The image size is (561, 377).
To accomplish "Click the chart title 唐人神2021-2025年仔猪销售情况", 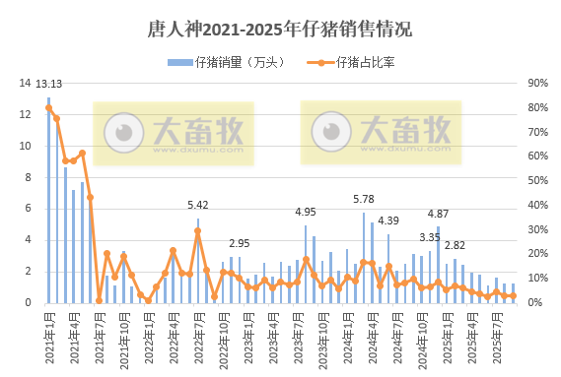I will tap(279, 29).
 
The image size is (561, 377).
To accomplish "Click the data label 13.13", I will tap(48, 84).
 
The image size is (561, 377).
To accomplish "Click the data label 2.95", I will tap(240, 243).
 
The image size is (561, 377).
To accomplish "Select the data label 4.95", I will tap(306, 213).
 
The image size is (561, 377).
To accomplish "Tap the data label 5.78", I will tap(364, 200).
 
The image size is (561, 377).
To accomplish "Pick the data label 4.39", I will tap(388, 220).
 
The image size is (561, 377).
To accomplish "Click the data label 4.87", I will tap(438, 214).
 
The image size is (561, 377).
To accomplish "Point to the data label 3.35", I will tap(430, 237).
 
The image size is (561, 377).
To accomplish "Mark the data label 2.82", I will tap(455, 246).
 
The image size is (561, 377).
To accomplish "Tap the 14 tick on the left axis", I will tap(26, 83).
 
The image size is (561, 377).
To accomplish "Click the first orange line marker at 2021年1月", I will tap(48, 108).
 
